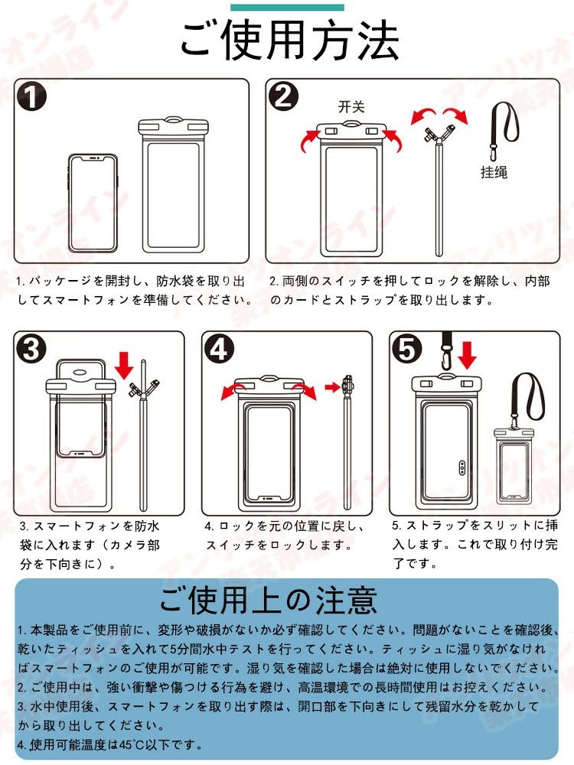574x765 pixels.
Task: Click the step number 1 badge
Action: [x=31, y=96]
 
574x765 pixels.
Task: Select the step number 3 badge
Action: [x=31, y=350]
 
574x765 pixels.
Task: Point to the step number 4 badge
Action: [x=219, y=350]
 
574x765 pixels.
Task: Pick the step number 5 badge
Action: [x=407, y=350]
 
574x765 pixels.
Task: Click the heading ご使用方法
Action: [x=289, y=41]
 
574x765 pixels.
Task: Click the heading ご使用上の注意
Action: [x=268, y=600]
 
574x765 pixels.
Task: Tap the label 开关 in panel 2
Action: [x=351, y=106]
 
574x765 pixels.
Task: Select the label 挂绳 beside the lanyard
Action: [x=494, y=171]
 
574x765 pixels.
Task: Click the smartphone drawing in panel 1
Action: [x=93, y=203]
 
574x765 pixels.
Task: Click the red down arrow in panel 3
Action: [x=125, y=365]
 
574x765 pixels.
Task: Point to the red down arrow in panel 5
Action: [x=467, y=356]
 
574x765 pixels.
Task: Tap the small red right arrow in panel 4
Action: [x=332, y=387]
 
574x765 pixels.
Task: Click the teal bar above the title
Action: [x=287, y=8]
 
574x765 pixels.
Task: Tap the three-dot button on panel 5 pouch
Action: [x=462, y=467]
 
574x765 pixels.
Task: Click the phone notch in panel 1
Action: [x=93, y=158]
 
